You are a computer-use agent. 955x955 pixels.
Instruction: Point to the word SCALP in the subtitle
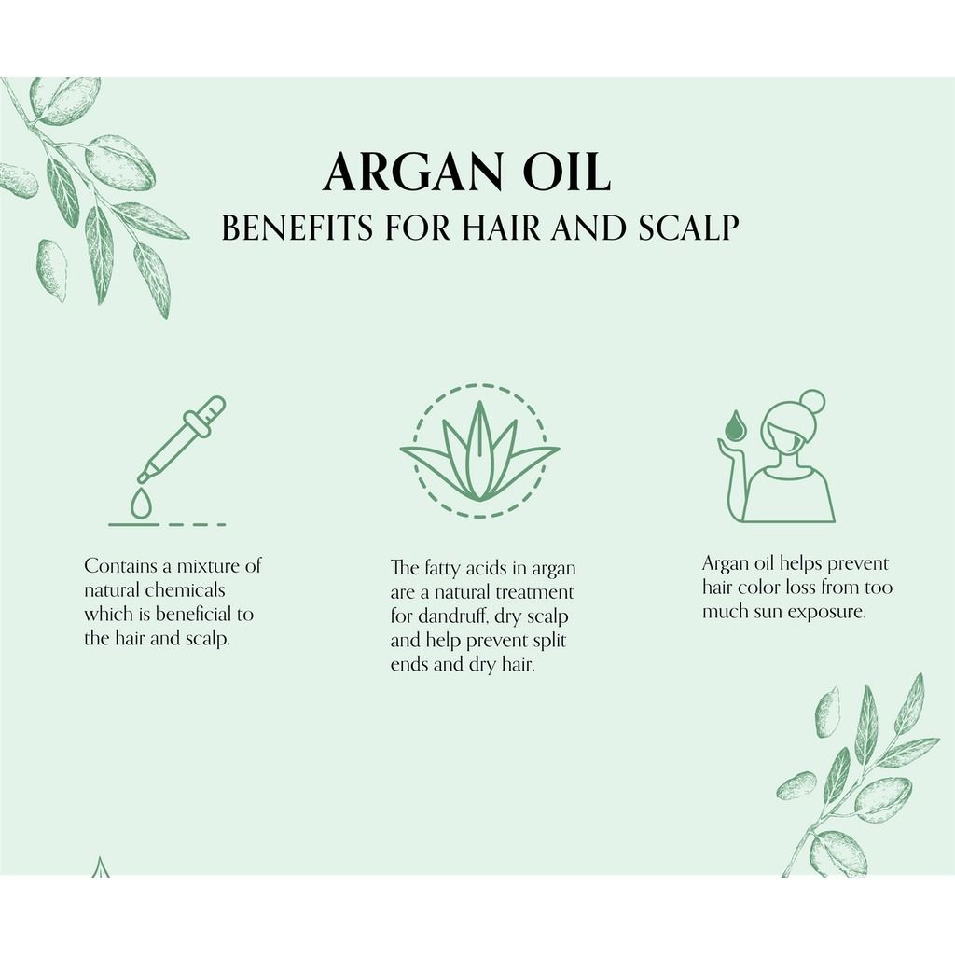click(689, 228)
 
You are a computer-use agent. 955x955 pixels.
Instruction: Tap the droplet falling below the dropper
click(142, 504)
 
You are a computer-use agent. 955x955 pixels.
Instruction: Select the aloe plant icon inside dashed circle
click(480, 451)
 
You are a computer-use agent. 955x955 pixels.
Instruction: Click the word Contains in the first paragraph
click(120, 566)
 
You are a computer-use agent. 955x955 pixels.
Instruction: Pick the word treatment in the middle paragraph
click(534, 592)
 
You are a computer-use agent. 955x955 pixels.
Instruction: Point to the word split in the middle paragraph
click(549, 641)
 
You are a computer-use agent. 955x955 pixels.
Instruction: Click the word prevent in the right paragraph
click(858, 564)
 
